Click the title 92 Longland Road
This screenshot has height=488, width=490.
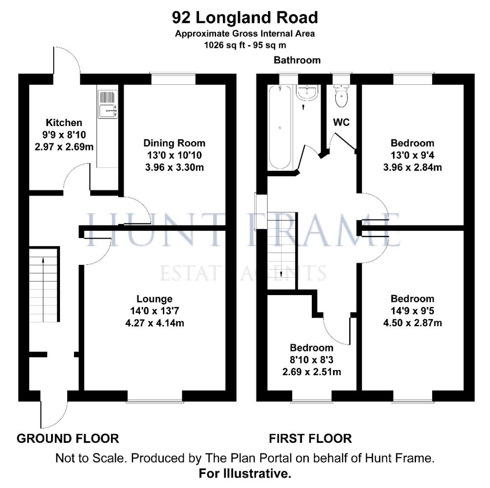245,18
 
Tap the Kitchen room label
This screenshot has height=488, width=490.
64,122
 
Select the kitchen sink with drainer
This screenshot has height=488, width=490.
108,104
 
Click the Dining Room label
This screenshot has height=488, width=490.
174,143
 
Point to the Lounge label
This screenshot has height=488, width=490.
154,299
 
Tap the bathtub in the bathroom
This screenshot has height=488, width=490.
280,127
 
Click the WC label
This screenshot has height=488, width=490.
341,122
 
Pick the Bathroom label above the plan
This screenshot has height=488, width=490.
297,60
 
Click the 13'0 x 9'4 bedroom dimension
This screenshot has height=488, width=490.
412,155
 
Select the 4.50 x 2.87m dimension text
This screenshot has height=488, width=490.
412,323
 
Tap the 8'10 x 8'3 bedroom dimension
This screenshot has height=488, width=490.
312,360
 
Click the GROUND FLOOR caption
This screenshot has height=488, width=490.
68,439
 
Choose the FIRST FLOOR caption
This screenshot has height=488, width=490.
310,439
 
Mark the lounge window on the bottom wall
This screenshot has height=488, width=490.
155,396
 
